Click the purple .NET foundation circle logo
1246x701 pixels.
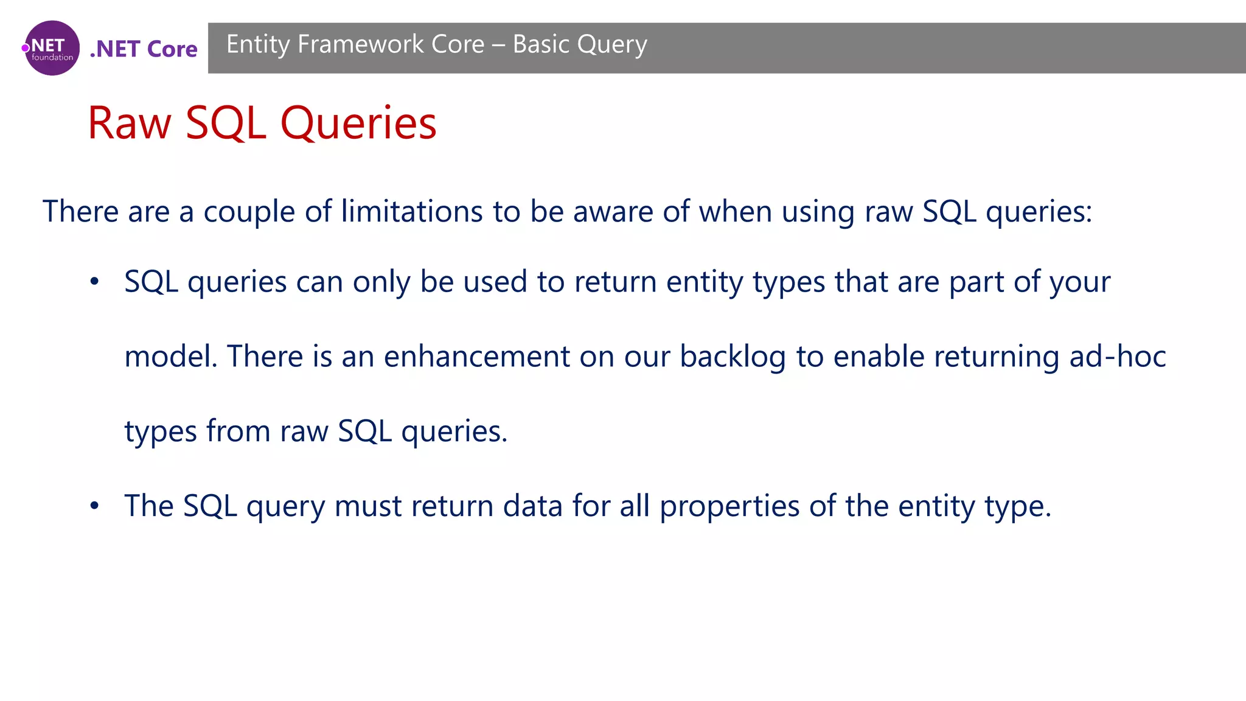(52, 48)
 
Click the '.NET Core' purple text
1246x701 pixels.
(144, 49)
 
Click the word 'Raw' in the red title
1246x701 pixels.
(130, 124)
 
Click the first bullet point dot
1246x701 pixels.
(94, 282)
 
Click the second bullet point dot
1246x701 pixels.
(94, 506)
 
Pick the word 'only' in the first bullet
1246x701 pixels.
(381, 282)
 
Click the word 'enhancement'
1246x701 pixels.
(476, 357)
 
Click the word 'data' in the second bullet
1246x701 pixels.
(532, 506)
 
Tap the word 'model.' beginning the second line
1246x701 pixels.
(171, 357)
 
